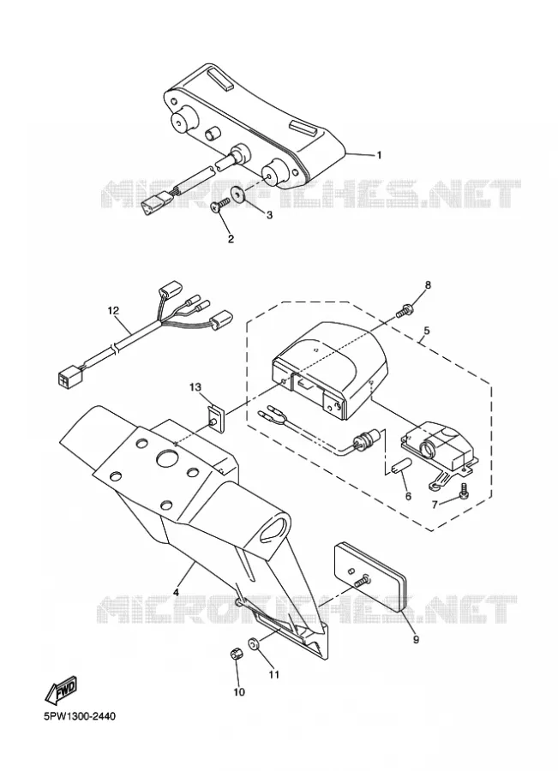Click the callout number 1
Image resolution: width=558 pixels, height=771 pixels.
pyautogui.click(x=379, y=155)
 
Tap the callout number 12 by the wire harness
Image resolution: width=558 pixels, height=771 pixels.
pyautogui.click(x=114, y=310)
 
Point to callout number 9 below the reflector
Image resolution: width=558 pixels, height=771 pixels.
pyautogui.click(x=416, y=640)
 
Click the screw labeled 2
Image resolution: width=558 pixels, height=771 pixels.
pyautogui.click(x=219, y=206)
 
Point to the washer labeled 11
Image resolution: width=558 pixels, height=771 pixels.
pyautogui.click(x=255, y=643)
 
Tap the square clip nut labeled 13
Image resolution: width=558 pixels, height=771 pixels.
pyautogui.click(x=215, y=418)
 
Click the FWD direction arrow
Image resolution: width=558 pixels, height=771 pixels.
pyautogui.click(x=61, y=690)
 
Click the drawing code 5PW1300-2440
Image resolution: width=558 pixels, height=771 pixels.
pyautogui.click(x=80, y=716)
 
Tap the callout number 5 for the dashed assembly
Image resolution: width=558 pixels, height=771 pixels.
pyautogui.click(x=426, y=330)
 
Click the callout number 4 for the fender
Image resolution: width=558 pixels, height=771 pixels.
pyautogui.click(x=176, y=593)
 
